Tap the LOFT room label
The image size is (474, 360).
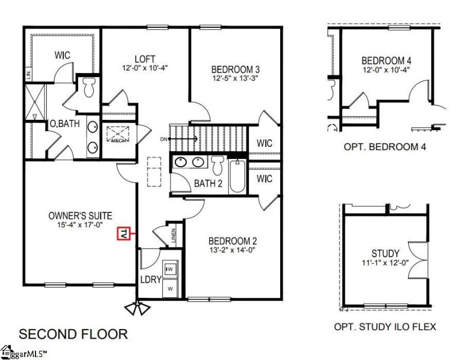pos(145,59)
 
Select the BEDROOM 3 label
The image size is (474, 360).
pos(236,69)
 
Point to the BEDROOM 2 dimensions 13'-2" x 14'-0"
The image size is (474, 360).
pos(232,250)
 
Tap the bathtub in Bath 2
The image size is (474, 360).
pos(238,177)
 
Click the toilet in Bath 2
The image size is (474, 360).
pos(217,165)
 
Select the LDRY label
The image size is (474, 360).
pos(151,279)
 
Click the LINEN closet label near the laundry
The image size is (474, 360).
pos(173,237)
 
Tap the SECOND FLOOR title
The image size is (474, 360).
pos(73,334)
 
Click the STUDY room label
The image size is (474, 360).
pos(385,254)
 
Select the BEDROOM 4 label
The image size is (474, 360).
pos(386,60)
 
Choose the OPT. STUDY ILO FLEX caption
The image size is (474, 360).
pos(385,326)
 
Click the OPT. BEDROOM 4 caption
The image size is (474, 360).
pos(385,146)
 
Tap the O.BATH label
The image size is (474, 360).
pos(62,124)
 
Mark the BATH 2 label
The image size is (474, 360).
pos(208,184)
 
